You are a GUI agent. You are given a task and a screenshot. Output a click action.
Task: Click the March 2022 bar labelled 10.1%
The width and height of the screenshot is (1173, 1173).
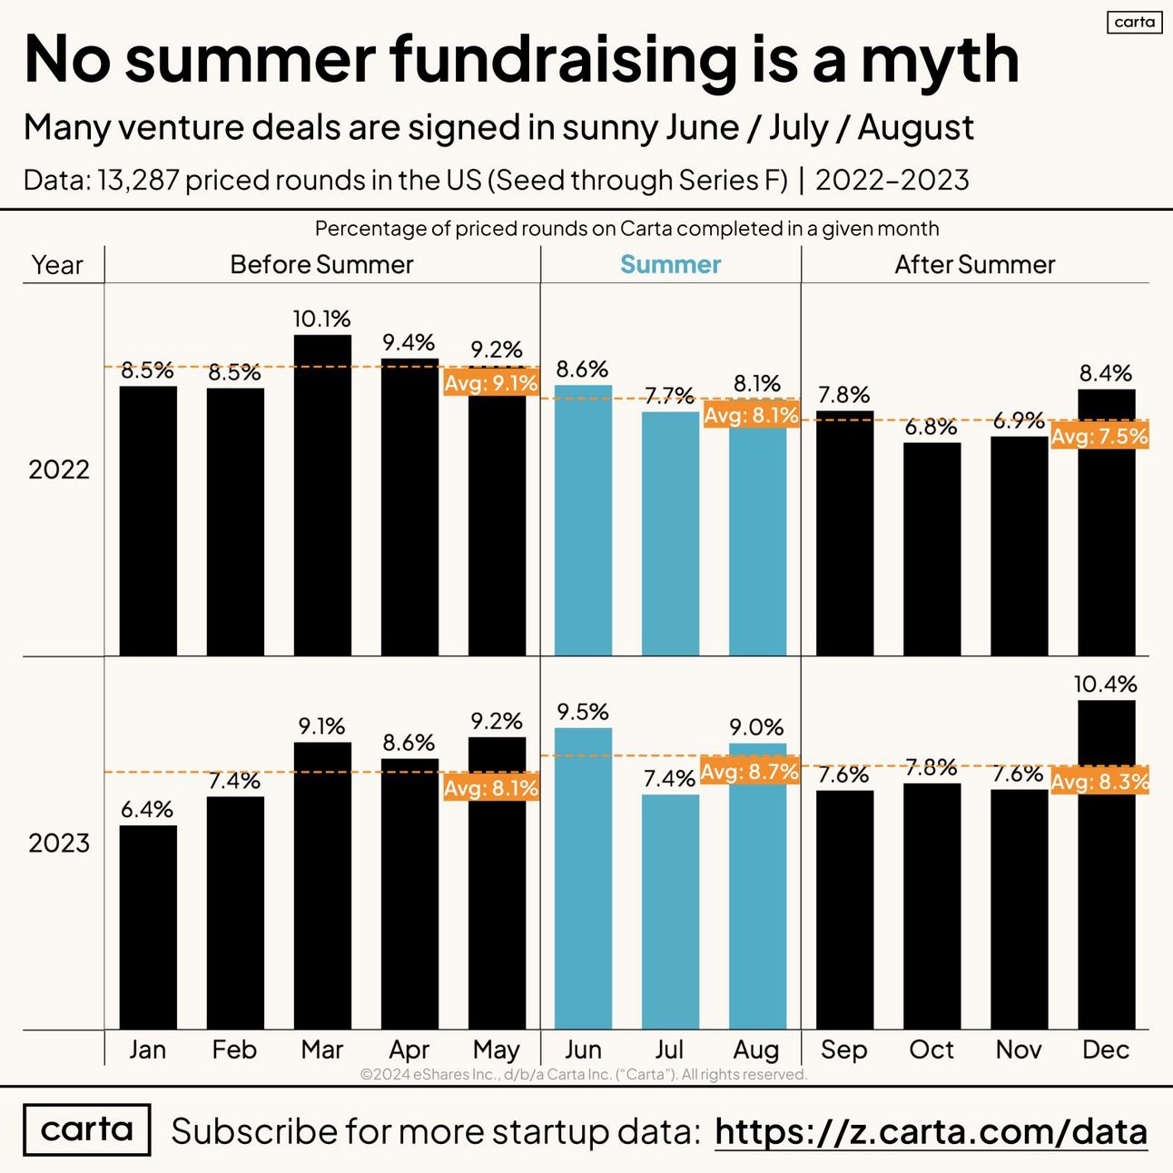pos(322,495)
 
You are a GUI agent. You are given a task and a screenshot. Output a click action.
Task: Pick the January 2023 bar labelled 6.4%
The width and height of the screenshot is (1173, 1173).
pos(148,926)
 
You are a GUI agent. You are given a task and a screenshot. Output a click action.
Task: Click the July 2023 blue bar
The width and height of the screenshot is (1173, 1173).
pos(670,912)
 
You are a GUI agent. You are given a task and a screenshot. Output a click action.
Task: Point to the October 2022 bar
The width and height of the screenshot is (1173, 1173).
pos(931,548)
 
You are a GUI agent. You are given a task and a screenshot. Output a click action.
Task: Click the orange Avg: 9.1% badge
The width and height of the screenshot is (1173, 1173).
pos(491,383)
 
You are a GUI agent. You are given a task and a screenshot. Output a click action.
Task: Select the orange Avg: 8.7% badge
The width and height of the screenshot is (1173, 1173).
pos(750,772)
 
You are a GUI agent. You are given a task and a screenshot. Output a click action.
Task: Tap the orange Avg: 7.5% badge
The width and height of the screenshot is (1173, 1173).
pos(1099,437)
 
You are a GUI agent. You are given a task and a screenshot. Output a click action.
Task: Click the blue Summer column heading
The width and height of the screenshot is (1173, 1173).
pos(670,264)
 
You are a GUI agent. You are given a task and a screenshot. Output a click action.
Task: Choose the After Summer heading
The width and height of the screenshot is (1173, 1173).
pos(974,264)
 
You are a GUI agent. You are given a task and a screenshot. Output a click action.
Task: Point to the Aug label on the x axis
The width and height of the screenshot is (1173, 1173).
pos(756,1050)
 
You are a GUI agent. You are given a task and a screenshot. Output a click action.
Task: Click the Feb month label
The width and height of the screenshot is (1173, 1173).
pos(234,1050)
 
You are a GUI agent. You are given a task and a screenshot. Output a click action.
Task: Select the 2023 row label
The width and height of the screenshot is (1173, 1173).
pos(59,843)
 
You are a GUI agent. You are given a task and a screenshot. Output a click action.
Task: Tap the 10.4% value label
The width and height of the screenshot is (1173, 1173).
pos(1105,684)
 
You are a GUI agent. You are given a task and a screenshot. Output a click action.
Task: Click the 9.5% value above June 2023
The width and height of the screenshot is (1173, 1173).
pos(583,712)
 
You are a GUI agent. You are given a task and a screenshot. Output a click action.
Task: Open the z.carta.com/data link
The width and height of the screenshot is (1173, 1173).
pos(931,1131)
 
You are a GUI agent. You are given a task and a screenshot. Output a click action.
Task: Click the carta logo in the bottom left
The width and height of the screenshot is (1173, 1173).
pos(86,1129)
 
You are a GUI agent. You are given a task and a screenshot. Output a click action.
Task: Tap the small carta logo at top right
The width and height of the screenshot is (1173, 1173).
pos(1134,22)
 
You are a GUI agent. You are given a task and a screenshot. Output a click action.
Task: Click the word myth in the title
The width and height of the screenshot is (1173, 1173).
pos(940,60)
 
